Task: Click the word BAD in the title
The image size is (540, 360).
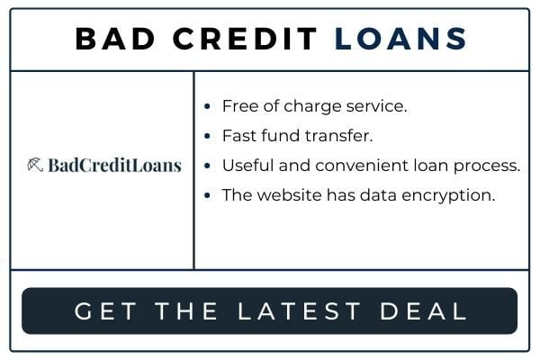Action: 115,39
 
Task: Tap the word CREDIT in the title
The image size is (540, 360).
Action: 245,39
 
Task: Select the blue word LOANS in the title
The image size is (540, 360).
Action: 400,39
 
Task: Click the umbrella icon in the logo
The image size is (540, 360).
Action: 35,165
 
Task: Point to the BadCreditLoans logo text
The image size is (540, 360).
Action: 114,165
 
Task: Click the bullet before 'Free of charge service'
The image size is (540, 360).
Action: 207,106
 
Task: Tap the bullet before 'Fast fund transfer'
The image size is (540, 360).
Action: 207,136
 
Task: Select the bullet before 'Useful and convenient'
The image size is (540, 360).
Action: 207,166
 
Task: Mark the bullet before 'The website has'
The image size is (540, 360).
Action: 207,195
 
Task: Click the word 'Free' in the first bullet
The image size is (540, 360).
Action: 240,106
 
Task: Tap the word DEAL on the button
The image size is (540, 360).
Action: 423,311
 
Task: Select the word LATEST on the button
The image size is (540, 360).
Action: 299,311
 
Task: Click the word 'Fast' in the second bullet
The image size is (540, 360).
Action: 239,136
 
